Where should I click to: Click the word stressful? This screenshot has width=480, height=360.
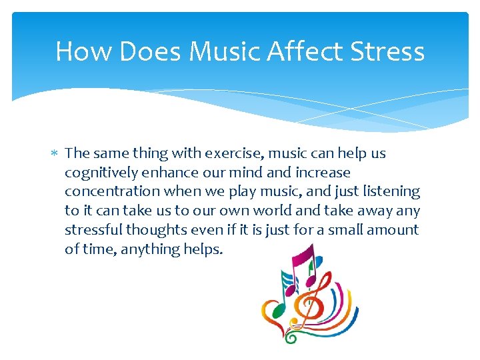(x=89, y=230)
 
